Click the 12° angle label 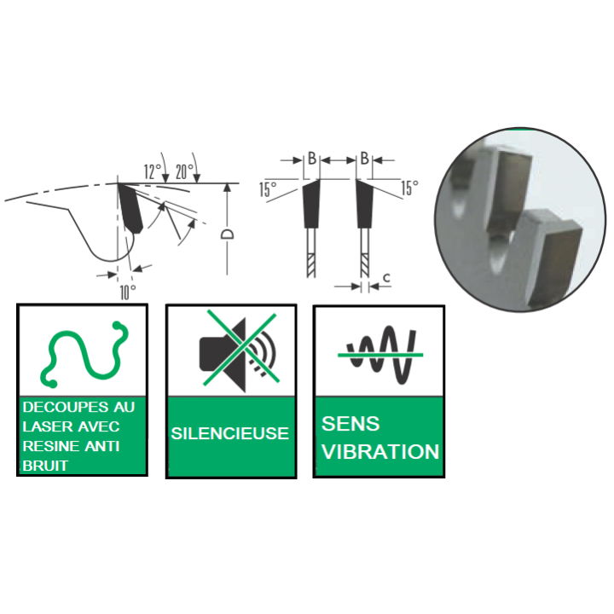coord(153,171)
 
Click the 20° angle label coord(184,171)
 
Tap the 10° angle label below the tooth coord(128,293)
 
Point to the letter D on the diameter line coord(227,235)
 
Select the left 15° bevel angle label coord(268,189)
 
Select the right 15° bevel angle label coord(409,188)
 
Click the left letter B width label coord(312,159)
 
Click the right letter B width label coord(364,159)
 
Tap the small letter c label coord(386,278)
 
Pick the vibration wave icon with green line coord(380,355)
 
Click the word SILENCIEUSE coord(230,433)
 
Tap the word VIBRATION coord(380,451)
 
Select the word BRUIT coord(45,466)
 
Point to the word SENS coord(350,423)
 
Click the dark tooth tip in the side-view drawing coord(130,208)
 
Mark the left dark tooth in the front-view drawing coord(311,204)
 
